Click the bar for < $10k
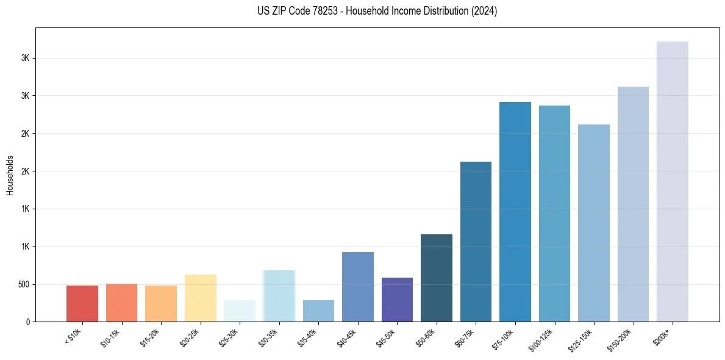pos(82,303)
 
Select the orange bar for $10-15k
pos(121,303)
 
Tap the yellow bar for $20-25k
pos(200,298)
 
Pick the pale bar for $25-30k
pos(240,311)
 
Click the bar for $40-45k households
pos(357,287)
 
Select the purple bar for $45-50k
pos(397,300)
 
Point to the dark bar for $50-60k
pos(437,278)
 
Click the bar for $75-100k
pos(515,212)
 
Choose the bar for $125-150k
pos(594,223)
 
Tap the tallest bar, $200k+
pos(673,181)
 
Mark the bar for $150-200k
pos(633,204)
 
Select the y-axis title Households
pos(10,175)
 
